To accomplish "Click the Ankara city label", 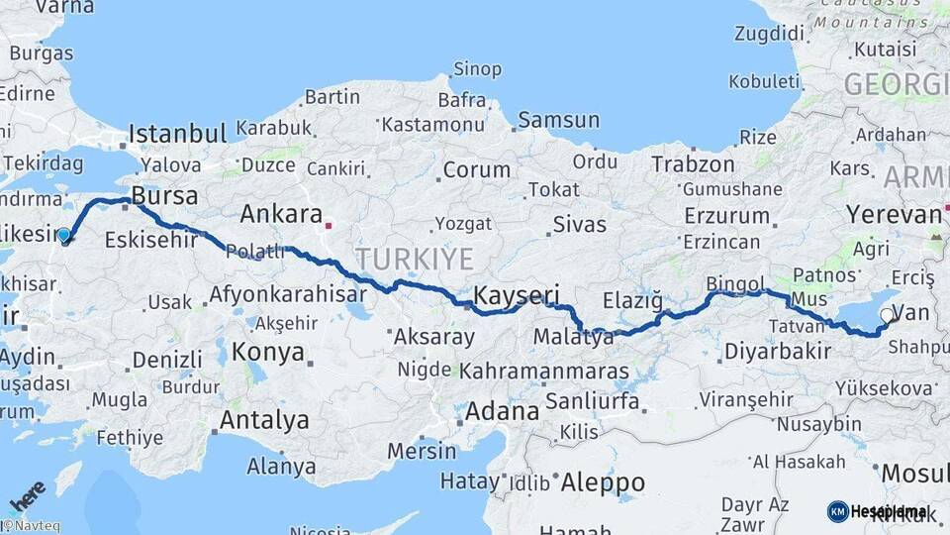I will click(x=281, y=214).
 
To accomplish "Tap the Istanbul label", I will click(x=178, y=133).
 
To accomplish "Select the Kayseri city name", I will click(x=517, y=294).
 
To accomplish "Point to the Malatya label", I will click(x=574, y=338).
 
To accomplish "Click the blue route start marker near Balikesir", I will click(x=64, y=236).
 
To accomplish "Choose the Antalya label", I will click(x=264, y=420).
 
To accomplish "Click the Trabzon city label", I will click(x=693, y=164).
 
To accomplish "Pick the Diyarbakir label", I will click(x=777, y=352).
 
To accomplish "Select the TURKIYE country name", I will click(x=415, y=260).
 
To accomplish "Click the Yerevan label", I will click(x=894, y=215).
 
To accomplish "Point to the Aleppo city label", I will click(x=603, y=482).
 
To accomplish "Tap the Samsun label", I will click(x=558, y=121).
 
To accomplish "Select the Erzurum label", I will click(x=726, y=216).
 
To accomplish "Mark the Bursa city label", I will click(x=164, y=194).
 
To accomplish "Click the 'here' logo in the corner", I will click(x=27, y=494).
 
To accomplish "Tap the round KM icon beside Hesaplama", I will click(x=837, y=511).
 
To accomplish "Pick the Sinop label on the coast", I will click(x=477, y=69).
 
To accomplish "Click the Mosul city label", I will click(x=914, y=473).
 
